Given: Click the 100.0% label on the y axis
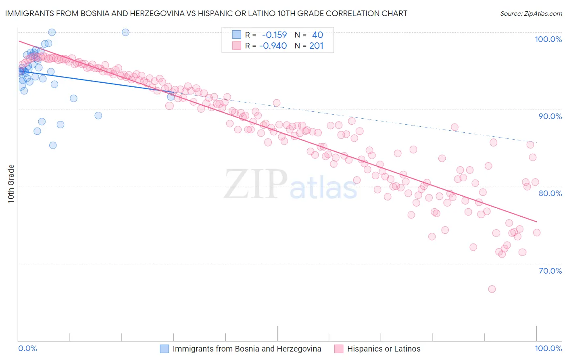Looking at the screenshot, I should coord(548,39).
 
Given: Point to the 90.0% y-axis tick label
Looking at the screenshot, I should coord(550,116).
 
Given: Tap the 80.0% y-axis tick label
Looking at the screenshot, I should coord(550,193).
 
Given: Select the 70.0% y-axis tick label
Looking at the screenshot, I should coord(550,271).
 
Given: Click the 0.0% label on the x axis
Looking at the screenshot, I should coord(27,349).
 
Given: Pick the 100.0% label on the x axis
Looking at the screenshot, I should coord(548,349).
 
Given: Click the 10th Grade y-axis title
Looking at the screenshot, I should coord(11,184).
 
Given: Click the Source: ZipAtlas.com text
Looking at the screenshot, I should coord(531,13).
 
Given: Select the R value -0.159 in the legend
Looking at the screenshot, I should coord(274,35).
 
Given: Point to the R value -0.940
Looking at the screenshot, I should coord(273,46).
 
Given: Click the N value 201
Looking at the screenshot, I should coord(316,46).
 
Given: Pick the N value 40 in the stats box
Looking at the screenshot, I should coord(317,35).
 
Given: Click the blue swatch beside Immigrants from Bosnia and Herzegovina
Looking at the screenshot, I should coord(164,349).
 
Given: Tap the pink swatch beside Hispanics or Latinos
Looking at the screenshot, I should coord(339,349).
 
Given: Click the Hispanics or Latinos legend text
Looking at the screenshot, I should coord(384,349).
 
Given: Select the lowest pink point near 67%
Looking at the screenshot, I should coord(492,289).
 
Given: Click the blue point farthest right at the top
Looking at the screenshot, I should coord(125,32).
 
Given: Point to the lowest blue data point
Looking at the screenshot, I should coord(53,145).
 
